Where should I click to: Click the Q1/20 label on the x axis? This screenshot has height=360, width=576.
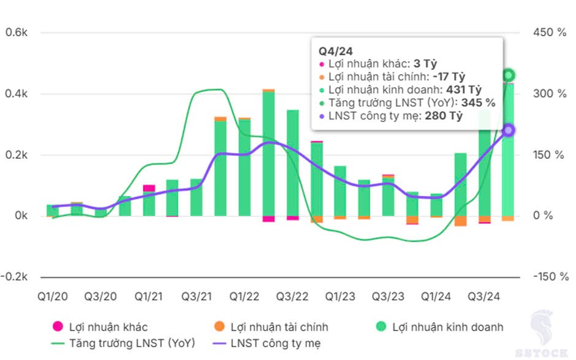tap(53, 297)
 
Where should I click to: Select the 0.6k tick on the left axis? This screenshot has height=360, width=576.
tap(17, 33)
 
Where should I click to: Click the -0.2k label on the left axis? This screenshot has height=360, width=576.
tap(15, 277)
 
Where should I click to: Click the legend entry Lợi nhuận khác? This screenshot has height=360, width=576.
tap(108, 327)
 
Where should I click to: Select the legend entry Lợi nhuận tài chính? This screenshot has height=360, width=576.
tap(279, 327)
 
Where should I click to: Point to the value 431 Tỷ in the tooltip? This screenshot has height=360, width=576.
tap(465, 90)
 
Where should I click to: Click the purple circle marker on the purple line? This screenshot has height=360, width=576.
tap(508, 130)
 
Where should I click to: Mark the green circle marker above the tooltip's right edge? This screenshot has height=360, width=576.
tap(508, 75)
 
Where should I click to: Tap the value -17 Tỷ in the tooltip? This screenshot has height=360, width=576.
tap(449, 76)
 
